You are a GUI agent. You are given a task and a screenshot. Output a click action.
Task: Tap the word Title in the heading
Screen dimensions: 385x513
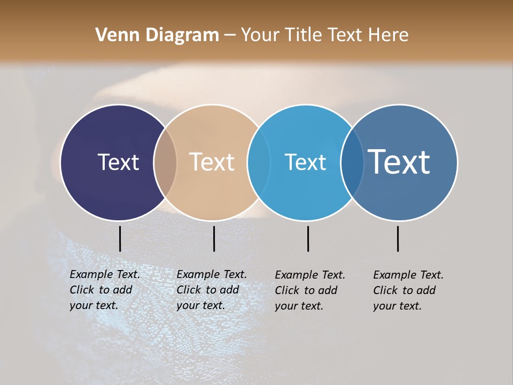(x=303, y=35)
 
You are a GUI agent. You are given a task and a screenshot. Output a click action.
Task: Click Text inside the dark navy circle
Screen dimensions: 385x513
(x=118, y=162)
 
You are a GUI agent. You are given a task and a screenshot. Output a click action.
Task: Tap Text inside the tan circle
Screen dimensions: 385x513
(x=212, y=162)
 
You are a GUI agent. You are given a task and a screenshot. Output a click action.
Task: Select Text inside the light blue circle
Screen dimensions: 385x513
(x=305, y=162)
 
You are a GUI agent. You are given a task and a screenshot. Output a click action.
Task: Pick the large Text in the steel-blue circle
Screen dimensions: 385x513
(x=399, y=162)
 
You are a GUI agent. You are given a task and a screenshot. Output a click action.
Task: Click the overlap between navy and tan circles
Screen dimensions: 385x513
(x=165, y=162)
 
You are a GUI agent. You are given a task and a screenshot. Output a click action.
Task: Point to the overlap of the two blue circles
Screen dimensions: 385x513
(x=352, y=162)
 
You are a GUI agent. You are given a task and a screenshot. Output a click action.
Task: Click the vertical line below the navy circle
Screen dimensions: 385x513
(x=120, y=238)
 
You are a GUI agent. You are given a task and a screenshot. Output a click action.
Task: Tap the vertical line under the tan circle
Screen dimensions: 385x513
(x=214, y=238)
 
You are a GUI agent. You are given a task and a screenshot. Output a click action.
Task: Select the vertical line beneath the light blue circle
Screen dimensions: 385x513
(x=308, y=238)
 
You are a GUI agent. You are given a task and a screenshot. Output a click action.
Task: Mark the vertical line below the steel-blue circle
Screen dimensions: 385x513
(x=398, y=238)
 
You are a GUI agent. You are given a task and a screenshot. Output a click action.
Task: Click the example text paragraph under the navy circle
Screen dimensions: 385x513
(x=105, y=290)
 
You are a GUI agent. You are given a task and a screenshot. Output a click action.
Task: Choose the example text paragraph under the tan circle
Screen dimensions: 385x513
(x=212, y=290)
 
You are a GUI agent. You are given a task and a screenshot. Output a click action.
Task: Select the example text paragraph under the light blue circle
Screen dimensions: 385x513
(x=310, y=290)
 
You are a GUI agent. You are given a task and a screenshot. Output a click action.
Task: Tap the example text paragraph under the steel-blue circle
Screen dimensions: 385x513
(x=408, y=290)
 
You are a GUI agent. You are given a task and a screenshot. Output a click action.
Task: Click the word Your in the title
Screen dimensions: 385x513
(x=260, y=35)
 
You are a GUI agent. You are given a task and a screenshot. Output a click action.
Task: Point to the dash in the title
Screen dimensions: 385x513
(x=230, y=35)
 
